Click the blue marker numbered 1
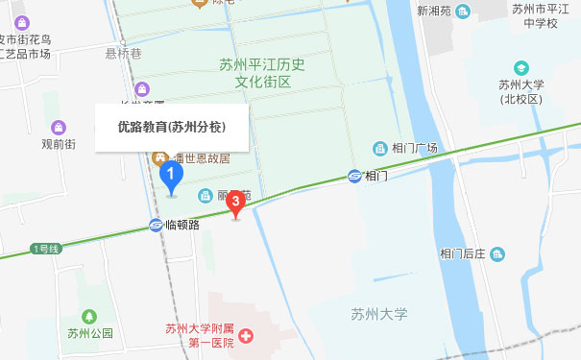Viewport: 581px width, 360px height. click(x=171, y=177)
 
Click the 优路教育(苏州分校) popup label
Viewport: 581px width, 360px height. click(x=172, y=127)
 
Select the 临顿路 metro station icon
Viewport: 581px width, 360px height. click(x=156, y=225)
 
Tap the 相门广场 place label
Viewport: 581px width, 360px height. click(x=415, y=148)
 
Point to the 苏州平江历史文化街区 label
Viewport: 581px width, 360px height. click(x=260, y=73)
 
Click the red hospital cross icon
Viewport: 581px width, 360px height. click(x=246, y=337)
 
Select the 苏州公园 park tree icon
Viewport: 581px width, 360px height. click(x=89, y=316)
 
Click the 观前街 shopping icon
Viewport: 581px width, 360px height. click(x=59, y=127)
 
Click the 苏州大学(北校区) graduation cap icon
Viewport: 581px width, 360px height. click(x=520, y=68)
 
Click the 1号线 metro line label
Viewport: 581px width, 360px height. click(x=46, y=249)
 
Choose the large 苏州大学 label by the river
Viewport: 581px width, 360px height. click(x=379, y=314)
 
